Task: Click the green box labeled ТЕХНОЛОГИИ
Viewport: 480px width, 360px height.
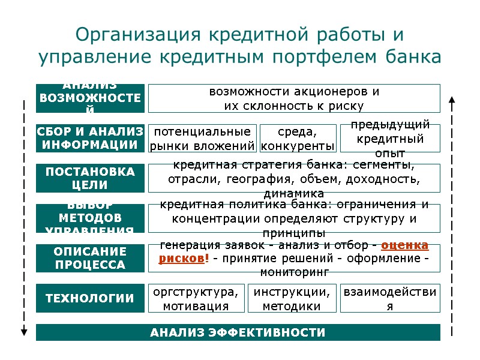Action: click(x=90, y=298)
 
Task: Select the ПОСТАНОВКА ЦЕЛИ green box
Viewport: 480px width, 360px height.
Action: click(x=90, y=178)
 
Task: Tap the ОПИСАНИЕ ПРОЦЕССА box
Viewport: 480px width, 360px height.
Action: click(x=90, y=258)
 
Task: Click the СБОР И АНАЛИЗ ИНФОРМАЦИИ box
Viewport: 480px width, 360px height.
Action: click(x=90, y=138)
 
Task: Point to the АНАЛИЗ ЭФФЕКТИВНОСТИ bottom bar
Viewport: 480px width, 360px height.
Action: click(x=238, y=332)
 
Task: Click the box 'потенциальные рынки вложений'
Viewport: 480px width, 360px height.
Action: click(x=202, y=138)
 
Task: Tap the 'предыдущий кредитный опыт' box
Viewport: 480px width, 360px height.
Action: click(x=390, y=139)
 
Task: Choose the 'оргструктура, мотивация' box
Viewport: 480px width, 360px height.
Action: click(x=196, y=298)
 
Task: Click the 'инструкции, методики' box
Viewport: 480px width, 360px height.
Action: click(x=292, y=298)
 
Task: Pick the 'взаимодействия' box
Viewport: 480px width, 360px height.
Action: click(x=390, y=298)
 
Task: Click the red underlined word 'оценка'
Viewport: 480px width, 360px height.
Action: click(x=404, y=245)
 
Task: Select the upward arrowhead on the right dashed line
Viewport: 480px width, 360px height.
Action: click(x=452, y=100)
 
